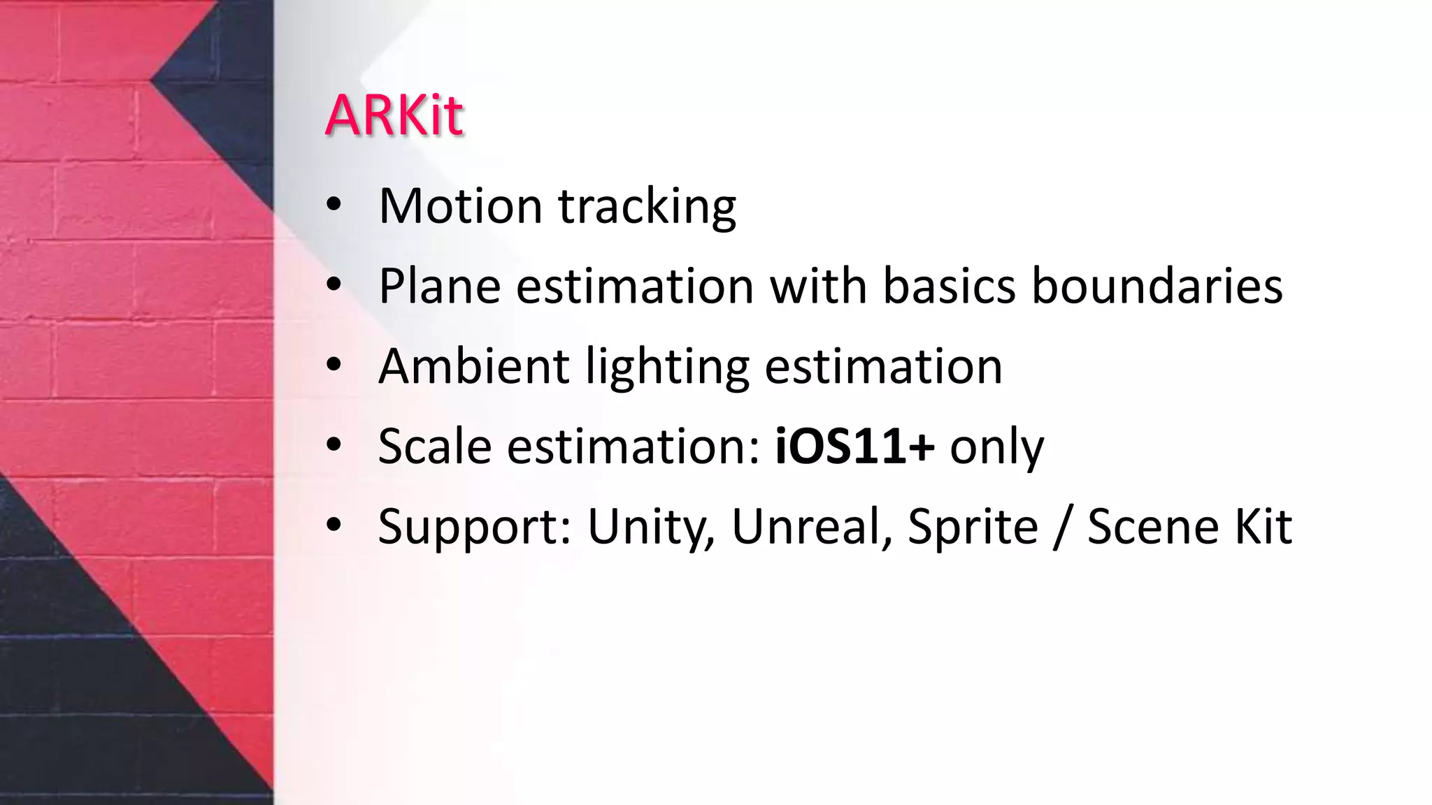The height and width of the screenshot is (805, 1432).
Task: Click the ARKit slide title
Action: [x=394, y=115]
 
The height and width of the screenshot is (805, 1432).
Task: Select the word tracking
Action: [x=647, y=207]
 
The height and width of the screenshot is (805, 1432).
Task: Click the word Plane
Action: [x=439, y=286]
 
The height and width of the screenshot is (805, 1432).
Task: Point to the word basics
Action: [x=949, y=286]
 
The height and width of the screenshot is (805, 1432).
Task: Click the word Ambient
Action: [x=473, y=366]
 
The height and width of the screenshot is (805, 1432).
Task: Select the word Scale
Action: [x=434, y=446]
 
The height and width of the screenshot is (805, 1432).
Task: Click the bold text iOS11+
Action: [x=854, y=446]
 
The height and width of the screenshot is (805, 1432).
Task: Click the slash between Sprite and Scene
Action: [x=1063, y=527]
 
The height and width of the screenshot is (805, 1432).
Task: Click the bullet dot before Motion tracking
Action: [x=334, y=204]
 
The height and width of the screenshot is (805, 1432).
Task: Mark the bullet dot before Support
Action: [x=334, y=524]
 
